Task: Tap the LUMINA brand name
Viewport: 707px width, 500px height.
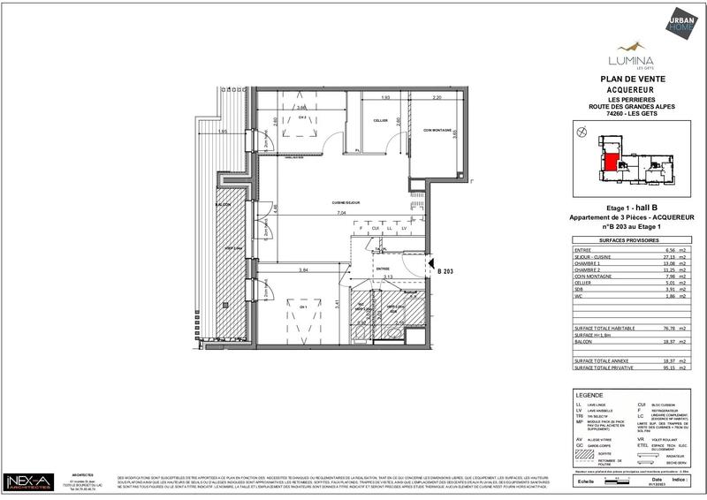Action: coord(630,60)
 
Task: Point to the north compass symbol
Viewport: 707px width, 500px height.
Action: coord(580,133)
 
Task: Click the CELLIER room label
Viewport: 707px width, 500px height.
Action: coord(380,120)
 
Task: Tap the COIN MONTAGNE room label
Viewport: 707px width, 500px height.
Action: coord(437,131)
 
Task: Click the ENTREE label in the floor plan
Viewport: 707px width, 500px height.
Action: coord(383,269)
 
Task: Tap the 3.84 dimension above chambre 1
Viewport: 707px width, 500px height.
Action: coord(303,269)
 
